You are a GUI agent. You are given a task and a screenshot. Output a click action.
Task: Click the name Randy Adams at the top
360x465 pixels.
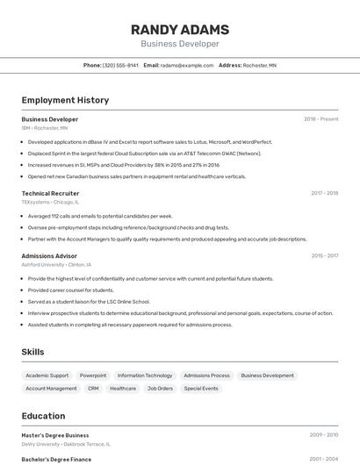pos(180,28)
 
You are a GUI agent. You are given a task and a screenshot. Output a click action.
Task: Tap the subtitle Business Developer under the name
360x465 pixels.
pos(180,43)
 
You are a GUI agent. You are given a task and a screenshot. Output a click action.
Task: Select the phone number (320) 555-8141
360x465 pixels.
pos(120,65)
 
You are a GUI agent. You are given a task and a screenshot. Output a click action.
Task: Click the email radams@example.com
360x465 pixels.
pos(187,65)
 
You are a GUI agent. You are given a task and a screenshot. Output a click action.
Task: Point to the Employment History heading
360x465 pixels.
pos(65,100)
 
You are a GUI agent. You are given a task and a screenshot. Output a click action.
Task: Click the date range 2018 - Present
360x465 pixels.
pos(321,119)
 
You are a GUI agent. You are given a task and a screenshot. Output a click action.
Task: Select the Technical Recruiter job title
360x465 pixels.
pos(50,193)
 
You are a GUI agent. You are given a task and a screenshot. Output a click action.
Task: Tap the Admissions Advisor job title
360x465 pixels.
pos(50,256)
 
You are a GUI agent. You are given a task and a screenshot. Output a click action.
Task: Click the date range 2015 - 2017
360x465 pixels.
pos(325,256)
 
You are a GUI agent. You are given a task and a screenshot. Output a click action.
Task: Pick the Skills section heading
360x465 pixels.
pos(33,352)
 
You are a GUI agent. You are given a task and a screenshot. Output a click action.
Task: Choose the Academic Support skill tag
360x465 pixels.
pos(47,376)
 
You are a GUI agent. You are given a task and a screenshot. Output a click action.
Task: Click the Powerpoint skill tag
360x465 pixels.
pos(93,376)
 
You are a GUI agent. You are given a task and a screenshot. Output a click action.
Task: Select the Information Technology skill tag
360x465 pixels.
pos(145,376)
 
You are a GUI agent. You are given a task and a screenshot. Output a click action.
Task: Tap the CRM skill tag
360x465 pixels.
pos(93,388)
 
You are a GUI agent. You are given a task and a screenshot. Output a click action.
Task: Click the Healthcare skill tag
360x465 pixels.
pos(123,388)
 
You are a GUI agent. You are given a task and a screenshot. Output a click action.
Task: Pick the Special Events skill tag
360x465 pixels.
pos(201,388)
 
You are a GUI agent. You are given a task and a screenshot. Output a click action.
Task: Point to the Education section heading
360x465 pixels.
pos(43,416)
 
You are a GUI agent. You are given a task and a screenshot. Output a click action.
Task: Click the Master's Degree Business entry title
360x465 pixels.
pos(55,435)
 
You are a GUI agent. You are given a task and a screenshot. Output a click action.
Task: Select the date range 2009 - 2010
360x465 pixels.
pos(324,435)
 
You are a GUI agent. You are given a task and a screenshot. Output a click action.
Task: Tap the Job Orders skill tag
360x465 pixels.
pos(160,388)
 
